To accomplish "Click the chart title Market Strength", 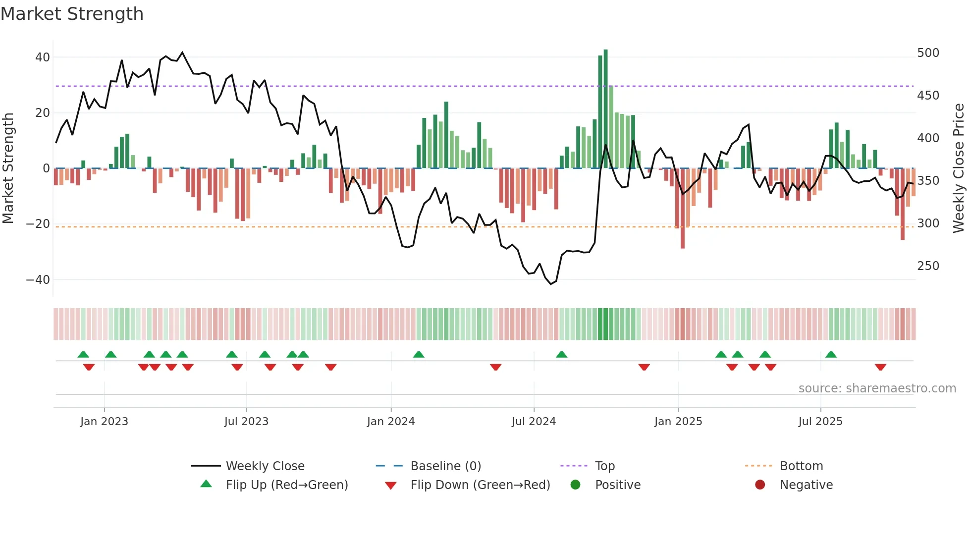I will [72, 14].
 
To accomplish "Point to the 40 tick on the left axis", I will [43, 57].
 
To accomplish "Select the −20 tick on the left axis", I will [38, 224].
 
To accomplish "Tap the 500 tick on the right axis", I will [928, 53].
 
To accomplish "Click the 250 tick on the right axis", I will [928, 266].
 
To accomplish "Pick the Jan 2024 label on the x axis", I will [391, 422].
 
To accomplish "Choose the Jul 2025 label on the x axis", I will [820, 422].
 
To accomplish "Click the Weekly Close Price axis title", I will [959, 168].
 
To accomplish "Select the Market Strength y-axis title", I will [8, 168].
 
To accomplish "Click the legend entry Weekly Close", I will [265, 466].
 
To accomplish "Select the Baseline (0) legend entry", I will [445, 466].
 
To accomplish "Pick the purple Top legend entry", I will [604, 466].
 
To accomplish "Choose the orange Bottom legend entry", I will [801, 466].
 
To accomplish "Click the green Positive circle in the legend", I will [575, 485].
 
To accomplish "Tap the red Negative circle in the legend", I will [760, 485].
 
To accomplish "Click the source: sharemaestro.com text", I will [877, 388].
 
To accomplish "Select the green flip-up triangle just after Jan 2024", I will [419, 355].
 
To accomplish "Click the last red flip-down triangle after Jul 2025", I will [880, 367].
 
